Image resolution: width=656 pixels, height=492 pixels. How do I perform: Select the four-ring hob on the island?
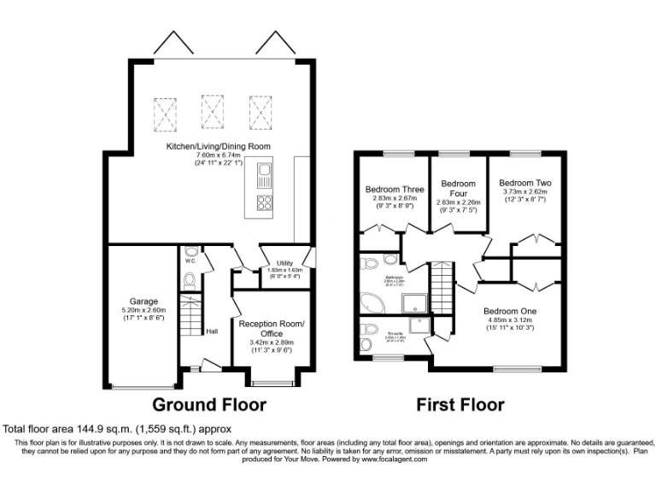tap(265, 203)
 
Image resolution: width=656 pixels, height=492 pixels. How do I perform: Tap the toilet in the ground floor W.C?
tap(190, 280)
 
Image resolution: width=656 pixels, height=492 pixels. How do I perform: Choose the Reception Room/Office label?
tap(272, 329)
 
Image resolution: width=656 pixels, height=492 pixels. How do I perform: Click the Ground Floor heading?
tap(208, 404)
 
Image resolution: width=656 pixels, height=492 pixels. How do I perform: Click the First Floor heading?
tap(460, 404)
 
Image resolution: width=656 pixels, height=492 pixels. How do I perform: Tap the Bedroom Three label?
tap(393, 190)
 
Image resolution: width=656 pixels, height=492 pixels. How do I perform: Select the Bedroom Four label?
tap(457, 189)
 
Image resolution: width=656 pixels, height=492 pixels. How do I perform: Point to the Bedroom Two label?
tap(525, 183)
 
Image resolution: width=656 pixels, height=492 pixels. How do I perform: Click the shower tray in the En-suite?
tap(421, 325)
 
